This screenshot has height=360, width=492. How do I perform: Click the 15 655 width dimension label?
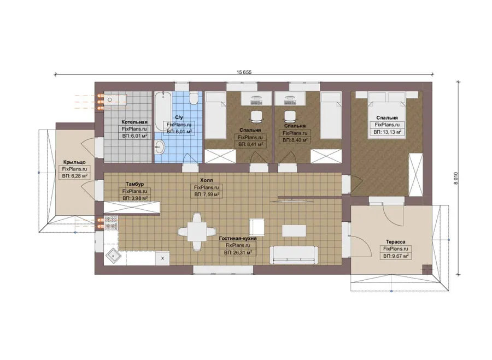244,72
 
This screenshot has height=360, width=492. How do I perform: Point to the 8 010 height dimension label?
456,178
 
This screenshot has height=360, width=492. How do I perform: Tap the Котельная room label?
134,122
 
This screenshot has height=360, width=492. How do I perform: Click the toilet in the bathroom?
194,98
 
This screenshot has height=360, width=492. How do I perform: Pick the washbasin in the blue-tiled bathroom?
160,147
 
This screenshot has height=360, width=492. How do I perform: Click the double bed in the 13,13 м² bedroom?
387,115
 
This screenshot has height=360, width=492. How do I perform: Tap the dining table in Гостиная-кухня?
197,232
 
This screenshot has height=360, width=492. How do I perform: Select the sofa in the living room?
294,255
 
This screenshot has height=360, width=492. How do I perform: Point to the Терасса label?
395,242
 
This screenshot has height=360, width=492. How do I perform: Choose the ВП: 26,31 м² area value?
238,252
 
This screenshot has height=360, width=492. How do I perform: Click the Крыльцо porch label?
74,162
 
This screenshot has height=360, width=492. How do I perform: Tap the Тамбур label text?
134,184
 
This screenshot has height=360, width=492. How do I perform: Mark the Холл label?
207,180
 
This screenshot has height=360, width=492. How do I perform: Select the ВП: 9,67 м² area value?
396,256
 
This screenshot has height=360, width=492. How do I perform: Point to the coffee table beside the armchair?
294,231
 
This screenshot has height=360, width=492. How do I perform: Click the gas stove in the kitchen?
111,222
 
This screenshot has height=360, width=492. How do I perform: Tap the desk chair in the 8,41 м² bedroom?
256,117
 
